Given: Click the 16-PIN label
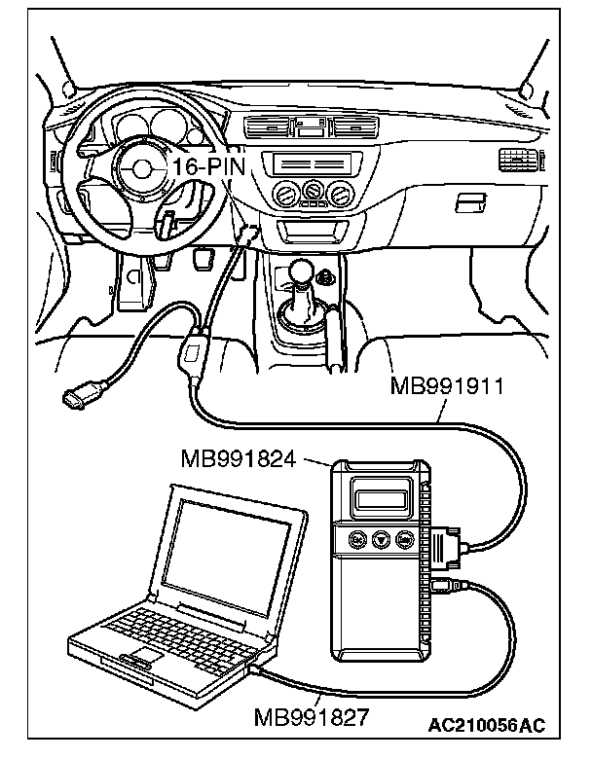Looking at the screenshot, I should pos(207,166).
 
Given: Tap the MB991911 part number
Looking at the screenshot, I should pos(446,386).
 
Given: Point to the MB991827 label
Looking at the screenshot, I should pos(311,717).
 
